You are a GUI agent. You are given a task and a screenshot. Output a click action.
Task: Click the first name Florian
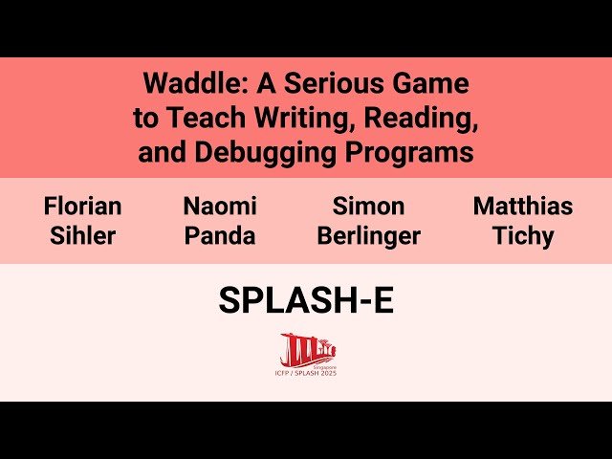tap(82, 206)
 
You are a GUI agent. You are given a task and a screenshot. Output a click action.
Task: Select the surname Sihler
tap(82, 235)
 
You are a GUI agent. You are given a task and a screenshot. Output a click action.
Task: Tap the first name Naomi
tap(220, 206)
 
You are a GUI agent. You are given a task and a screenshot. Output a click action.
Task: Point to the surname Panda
tap(220, 235)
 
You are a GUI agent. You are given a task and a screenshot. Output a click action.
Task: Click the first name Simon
tap(368, 206)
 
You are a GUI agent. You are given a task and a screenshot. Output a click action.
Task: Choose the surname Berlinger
tap(368, 235)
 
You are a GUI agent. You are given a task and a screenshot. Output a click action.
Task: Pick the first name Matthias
tap(523, 206)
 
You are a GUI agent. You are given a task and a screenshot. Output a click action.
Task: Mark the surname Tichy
tap(523, 235)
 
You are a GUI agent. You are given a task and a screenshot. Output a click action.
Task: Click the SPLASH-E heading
tap(306, 301)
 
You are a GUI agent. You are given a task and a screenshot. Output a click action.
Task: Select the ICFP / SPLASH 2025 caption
tap(307, 372)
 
